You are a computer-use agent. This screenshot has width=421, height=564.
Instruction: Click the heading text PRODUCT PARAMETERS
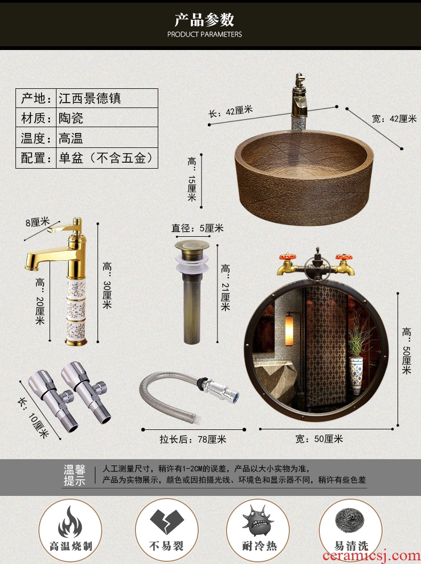[205, 34]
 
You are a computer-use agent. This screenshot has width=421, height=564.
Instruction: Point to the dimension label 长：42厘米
[231, 111]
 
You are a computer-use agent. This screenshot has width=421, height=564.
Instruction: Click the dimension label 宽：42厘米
[394, 118]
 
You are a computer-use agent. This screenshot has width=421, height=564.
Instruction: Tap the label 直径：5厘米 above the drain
[197, 228]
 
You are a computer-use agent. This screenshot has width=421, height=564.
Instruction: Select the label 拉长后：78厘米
[193, 439]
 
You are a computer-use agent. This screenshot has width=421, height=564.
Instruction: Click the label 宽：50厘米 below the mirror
[319, 439]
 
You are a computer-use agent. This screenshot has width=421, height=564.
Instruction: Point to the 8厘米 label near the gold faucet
[37, 222]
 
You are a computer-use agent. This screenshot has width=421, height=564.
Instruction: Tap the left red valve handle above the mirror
[288, 257]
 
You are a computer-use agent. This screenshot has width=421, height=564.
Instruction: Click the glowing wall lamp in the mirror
[289, 330]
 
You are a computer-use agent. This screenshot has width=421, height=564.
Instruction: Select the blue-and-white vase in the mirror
[356, 376]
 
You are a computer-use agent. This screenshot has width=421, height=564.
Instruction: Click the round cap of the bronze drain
[192, 246]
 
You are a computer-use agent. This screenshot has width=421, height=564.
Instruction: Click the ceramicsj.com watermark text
[371, 556]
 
